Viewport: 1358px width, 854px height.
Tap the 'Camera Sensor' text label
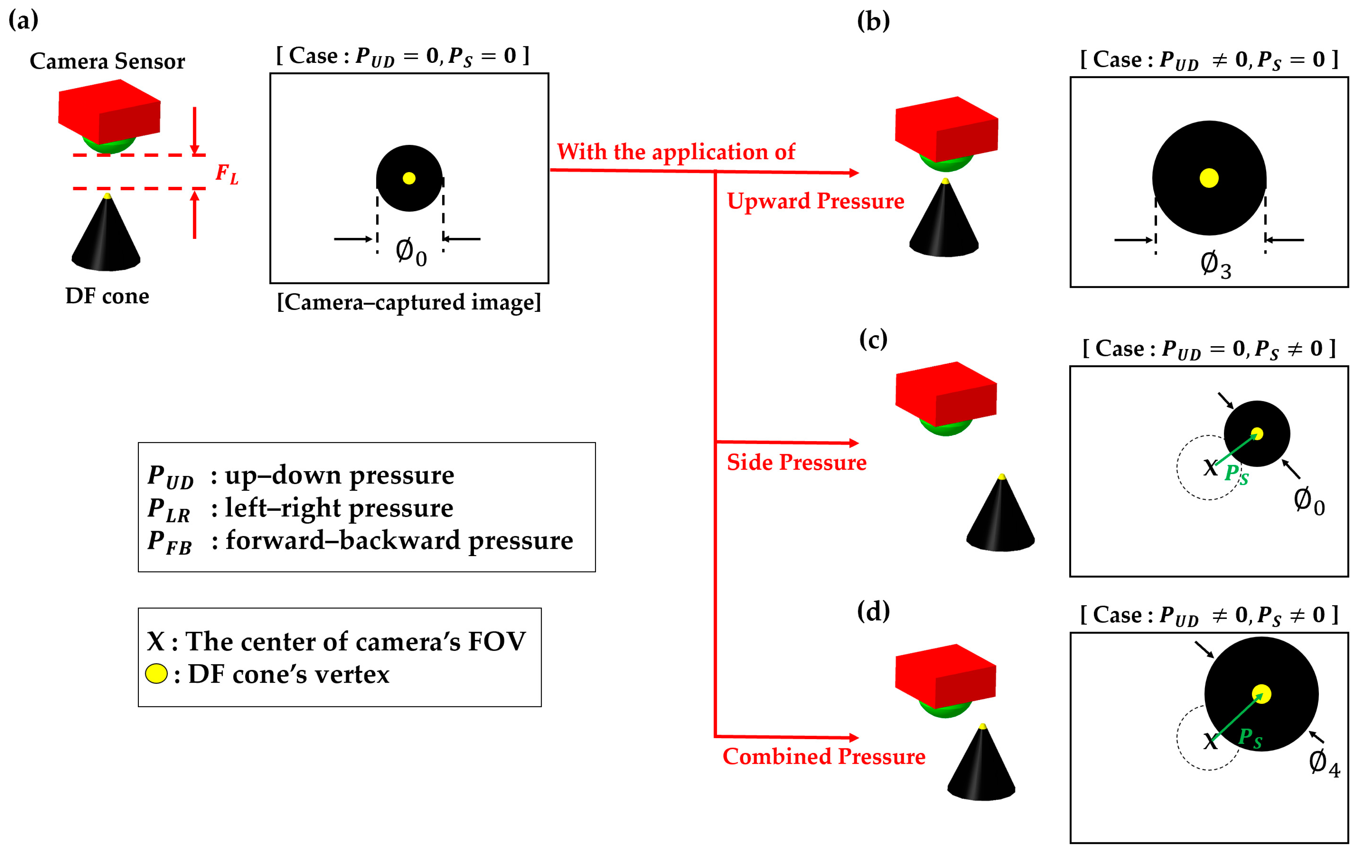107,61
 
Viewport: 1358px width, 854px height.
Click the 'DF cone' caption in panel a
107,296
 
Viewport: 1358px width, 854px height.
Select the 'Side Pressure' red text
796,463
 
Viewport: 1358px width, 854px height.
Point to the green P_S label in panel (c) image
1236,474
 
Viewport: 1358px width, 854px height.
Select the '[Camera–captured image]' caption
409,302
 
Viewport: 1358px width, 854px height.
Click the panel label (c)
873,340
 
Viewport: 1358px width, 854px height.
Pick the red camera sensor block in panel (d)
946,674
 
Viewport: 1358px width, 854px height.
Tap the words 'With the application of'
676,152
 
